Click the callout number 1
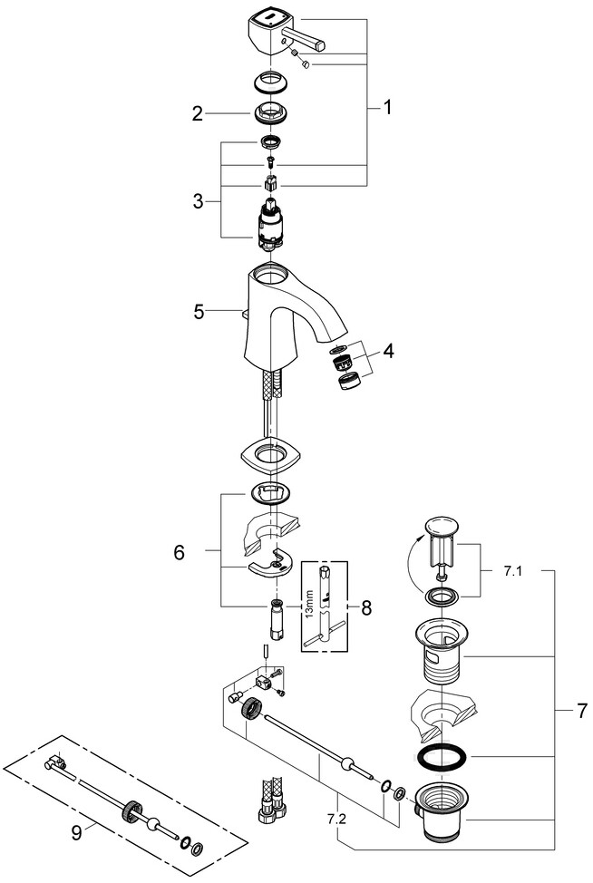(x=388, y=109)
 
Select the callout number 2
(x=196, y=114)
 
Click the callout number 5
(x=199, y=311)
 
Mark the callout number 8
(x=365, y=607)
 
